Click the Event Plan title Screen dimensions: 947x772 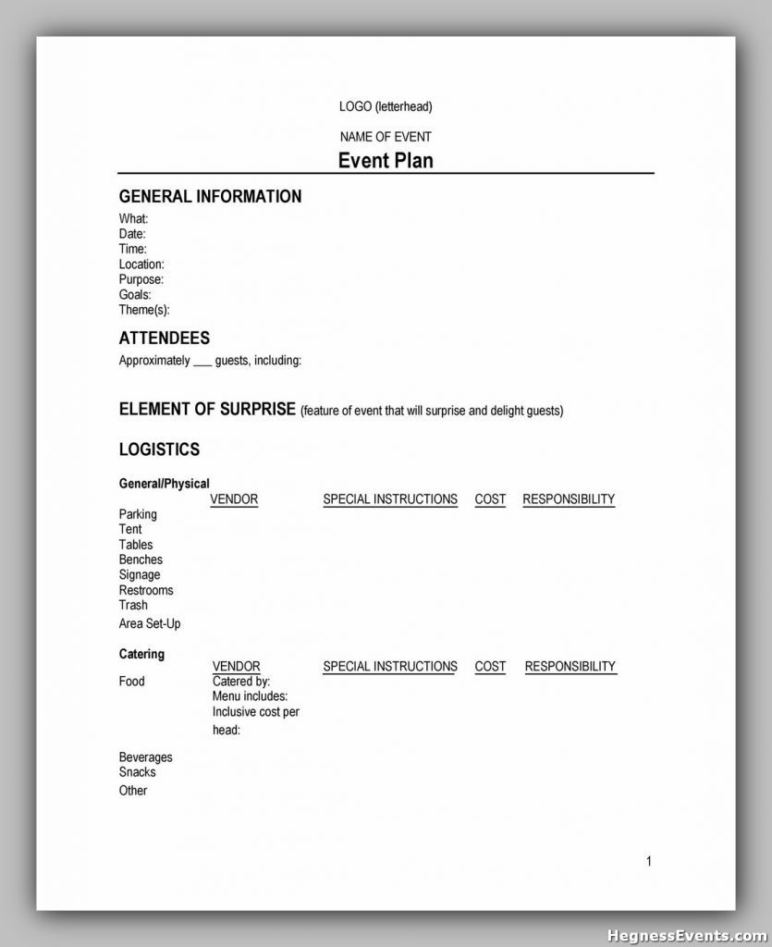click(x=386, y=160)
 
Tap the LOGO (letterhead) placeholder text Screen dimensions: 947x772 click(x=386, y=107)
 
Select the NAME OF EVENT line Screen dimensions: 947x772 click(x=386, y=137)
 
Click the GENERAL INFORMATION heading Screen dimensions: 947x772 click(x=210, y=196)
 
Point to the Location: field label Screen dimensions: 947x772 click(x=141, y=264)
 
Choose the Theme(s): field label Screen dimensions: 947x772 click(x=144, y=310)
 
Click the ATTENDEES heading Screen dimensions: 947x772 click(x=165, y=338)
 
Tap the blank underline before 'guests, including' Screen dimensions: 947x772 click(x=202, y=362)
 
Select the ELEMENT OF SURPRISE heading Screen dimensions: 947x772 click(x=207, y=409)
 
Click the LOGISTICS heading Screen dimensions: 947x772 click(x=159, y=449)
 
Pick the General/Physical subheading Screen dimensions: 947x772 click(x=165, y=484)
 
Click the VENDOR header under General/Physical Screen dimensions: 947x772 click(x=234, y=499)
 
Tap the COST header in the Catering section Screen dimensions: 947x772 click(x=490, y=667)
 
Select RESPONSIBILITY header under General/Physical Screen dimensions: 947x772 click(x=569, y=499)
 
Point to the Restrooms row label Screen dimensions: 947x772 click(x=146, y=590)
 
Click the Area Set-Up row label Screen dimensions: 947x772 click(x=150, y=624)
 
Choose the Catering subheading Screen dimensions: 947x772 click(x=141, y=654)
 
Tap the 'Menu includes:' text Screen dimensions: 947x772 click(x=250, y=696)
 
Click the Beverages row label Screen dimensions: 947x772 click(x=146, y=757)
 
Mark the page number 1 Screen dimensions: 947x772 click(x=649, y=861)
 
